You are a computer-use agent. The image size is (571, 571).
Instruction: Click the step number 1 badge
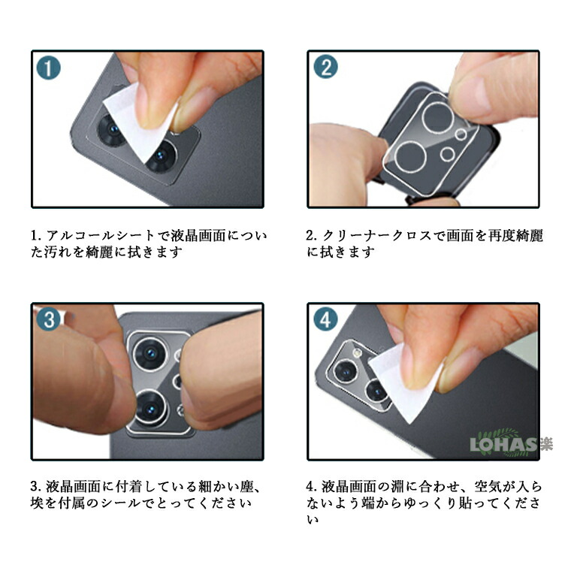coord(48,68)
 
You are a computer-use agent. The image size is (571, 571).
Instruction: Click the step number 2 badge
coord(325,67)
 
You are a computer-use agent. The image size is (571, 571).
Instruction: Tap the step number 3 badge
coord(48,319)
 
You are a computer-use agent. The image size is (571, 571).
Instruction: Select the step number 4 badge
coord(325,319)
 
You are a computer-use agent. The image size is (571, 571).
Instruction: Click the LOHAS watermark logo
coord(511,443)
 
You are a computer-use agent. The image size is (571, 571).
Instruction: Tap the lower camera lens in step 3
coord(151,409)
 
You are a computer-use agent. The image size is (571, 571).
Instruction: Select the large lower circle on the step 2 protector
coord(410,157)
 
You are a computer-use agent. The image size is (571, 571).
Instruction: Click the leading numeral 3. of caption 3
coord(35,487)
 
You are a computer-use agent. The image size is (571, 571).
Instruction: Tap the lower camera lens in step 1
coord(161,156)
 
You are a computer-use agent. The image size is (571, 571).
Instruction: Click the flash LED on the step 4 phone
coord(357,352)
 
